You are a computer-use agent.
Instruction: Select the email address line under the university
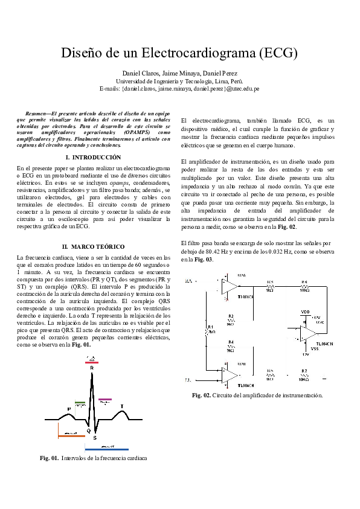point(179,88)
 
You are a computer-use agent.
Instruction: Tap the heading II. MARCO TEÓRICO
point(94,246)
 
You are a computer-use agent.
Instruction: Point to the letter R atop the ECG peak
point(92,368)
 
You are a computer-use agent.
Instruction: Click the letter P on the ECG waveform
point(69,409)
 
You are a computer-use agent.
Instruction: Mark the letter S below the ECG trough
point(94,437)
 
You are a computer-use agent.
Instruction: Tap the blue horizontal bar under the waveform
point(106,450)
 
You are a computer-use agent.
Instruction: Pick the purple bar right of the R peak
point(106,399)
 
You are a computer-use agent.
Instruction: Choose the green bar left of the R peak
point(80,402)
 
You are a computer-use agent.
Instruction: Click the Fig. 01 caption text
point(94,458)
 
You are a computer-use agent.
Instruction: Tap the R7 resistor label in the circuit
point(304,370)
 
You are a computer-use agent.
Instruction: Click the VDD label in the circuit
point(304,312)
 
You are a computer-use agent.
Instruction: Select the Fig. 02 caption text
point(257,395)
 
